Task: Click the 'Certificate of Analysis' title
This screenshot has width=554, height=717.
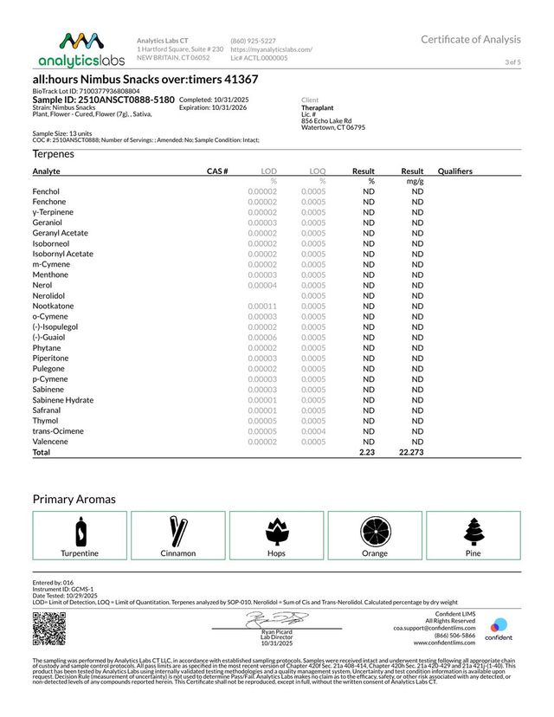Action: coord(471,39)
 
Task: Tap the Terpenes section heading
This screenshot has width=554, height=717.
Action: coord(53,153)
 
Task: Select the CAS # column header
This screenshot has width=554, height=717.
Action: coord(217,171)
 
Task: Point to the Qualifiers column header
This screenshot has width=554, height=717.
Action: coord(455,171)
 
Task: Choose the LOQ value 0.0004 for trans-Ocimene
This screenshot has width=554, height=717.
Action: coord(313,430)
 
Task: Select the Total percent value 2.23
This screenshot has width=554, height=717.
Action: coord(366,452)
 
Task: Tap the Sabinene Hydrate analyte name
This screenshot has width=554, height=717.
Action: coord(62,399)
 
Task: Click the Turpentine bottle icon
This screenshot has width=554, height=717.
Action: coord(80,529)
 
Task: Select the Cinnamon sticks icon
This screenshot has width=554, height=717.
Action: coord(178,529)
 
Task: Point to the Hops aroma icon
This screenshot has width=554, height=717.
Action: coord(277,529)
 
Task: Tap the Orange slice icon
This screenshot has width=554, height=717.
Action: coord(375,529)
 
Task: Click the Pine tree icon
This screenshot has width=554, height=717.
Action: coord(473,529)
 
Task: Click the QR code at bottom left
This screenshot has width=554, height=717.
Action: coord(48,629)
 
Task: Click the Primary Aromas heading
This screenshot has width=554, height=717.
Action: coord(74,499)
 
